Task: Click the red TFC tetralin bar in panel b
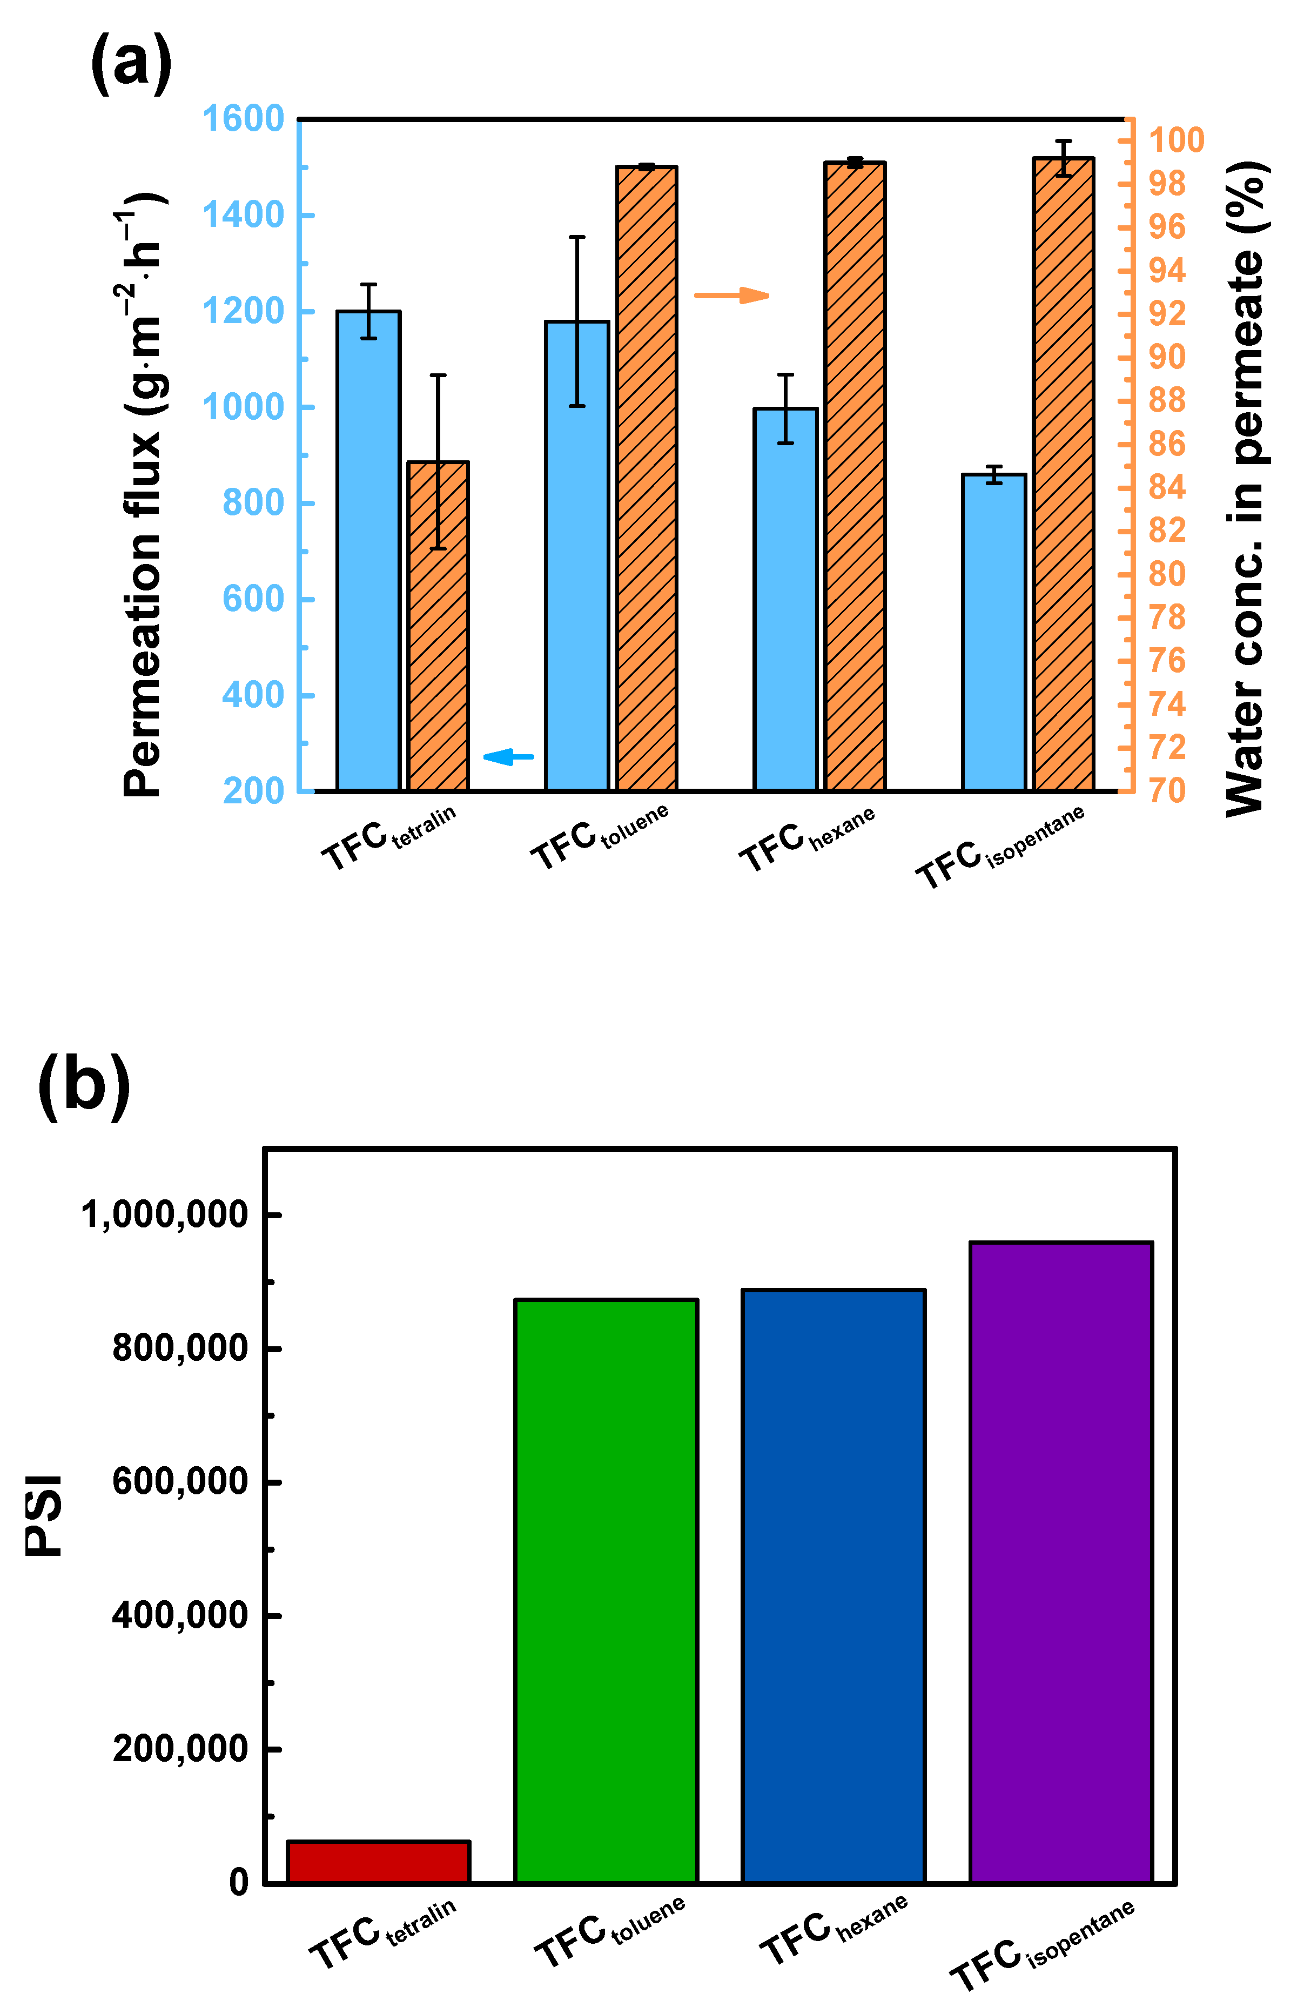coord(378,1861)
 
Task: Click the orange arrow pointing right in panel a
coord(731,296)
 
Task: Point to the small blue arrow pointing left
coord(508,756)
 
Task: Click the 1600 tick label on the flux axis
coord(243,118)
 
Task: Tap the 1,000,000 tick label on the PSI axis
coord(164,1214)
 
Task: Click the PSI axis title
coord(44,1515)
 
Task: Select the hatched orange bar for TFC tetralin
coord(438,626)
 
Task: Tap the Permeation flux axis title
coord(142,495)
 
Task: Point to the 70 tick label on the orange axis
coord(1166,790)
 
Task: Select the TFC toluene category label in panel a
coord(599,836)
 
